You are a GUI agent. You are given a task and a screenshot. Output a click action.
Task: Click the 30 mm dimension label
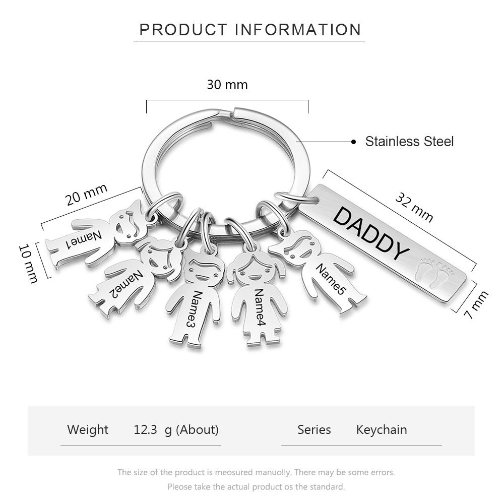[227, 85]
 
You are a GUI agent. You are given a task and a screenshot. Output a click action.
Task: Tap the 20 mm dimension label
[86, 195]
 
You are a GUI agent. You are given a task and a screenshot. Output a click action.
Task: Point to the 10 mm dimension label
[28, 264]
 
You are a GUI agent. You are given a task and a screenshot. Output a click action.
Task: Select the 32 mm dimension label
[414, 208]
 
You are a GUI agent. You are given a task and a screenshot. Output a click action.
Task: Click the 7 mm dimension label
[476, 304]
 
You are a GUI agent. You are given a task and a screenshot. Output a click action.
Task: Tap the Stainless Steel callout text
[409, 142]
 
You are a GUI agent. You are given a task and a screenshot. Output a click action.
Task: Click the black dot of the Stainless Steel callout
[354, 142]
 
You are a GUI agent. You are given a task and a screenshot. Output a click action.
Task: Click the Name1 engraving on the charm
[84, 239]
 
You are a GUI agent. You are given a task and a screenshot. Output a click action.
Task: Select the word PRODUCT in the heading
[183, 30]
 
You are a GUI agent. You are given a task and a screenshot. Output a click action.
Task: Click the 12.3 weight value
[145, 430]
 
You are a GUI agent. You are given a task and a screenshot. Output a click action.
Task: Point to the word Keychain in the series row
[382, 430]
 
